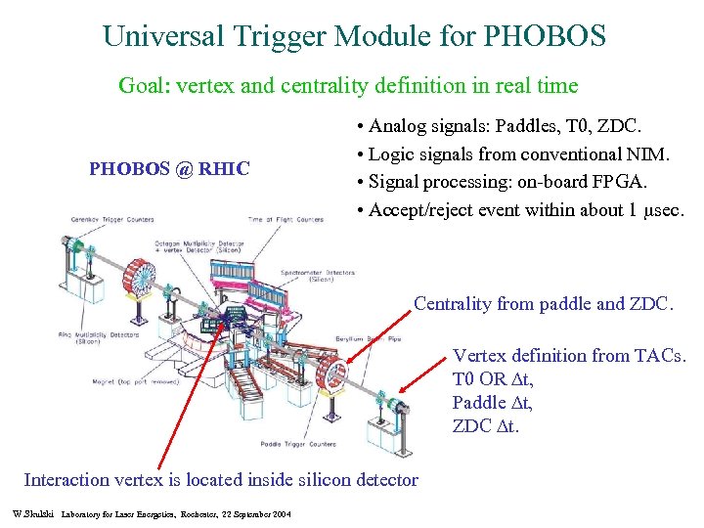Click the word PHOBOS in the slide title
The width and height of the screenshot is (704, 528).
544,36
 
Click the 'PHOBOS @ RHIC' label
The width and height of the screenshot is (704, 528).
169,168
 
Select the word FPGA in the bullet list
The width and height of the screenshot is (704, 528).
605,182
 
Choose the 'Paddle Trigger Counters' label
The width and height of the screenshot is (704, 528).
298,443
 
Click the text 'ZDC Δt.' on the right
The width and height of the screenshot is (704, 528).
483,425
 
